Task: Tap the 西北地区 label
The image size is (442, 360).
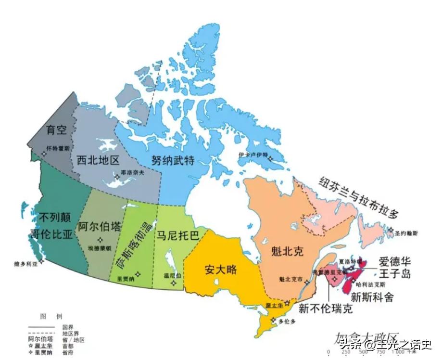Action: point(98,160)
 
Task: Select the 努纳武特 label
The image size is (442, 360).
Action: point(173,161)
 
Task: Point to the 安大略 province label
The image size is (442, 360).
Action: point(220,269)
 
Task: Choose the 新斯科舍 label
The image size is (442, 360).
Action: point(372,297)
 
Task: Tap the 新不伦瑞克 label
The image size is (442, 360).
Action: point(325,308)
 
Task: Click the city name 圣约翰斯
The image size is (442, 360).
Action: point(406,233)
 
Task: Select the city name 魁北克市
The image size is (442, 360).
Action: point(291,279)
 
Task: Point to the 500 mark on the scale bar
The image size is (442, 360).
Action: point(363,352)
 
